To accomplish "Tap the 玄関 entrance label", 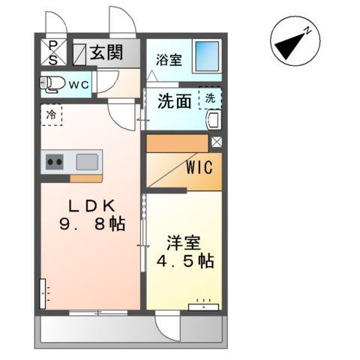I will coord(108,52).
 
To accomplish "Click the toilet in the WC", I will coord(51,85).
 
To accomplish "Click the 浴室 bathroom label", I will coord(169,60).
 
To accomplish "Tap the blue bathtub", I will coord(206,55).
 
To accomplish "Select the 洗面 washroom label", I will coord(174,101).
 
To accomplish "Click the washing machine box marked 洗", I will coord(210,98).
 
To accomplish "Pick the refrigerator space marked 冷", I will coord(51,115).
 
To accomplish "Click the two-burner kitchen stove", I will coord(55,161).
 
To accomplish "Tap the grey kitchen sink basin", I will coord(87,160).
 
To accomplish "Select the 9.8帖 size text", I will coord(91,223).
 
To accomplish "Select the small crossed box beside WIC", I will coord(216,141).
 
